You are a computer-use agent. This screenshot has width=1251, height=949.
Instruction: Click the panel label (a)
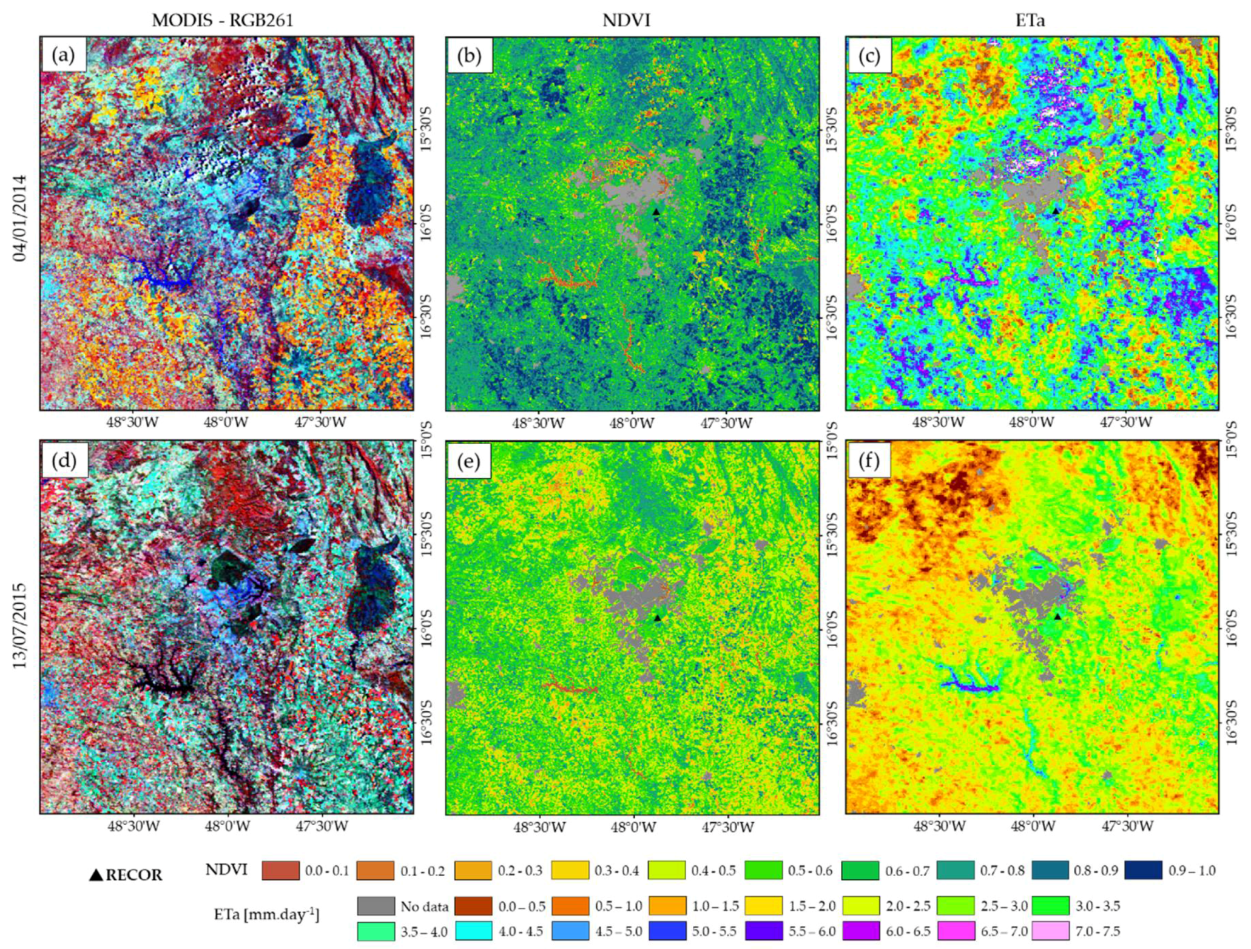[63, 56]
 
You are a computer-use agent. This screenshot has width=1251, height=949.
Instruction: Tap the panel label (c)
[869, 56]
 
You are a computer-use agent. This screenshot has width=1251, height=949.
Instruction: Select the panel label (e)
[468, 461]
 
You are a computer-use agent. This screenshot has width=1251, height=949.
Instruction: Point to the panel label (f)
[869, 461]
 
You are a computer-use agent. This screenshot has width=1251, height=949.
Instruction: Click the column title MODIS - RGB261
[222, 20]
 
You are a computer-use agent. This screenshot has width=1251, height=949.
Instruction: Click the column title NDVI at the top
[626, 20]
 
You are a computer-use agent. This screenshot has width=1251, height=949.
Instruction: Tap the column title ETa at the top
[1030, 20]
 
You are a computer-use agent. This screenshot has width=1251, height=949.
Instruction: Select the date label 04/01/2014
[21, 218]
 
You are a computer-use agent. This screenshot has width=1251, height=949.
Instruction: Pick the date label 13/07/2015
[21, 626]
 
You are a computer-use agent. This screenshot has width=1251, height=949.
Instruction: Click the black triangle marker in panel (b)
[656, 212]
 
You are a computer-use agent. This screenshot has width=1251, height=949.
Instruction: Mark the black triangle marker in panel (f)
[1057, 616]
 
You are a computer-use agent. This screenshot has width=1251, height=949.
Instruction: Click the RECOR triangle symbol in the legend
[96, 875]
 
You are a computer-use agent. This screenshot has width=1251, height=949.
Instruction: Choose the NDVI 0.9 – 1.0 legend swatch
[1143, 870]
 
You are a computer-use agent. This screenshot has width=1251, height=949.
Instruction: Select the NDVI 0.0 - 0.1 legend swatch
[280, 870]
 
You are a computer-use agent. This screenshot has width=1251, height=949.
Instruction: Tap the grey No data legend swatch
[376, 906]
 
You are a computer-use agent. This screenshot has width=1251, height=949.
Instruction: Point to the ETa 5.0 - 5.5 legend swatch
[667, 931]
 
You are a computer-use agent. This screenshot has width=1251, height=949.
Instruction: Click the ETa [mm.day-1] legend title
[267, 914]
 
